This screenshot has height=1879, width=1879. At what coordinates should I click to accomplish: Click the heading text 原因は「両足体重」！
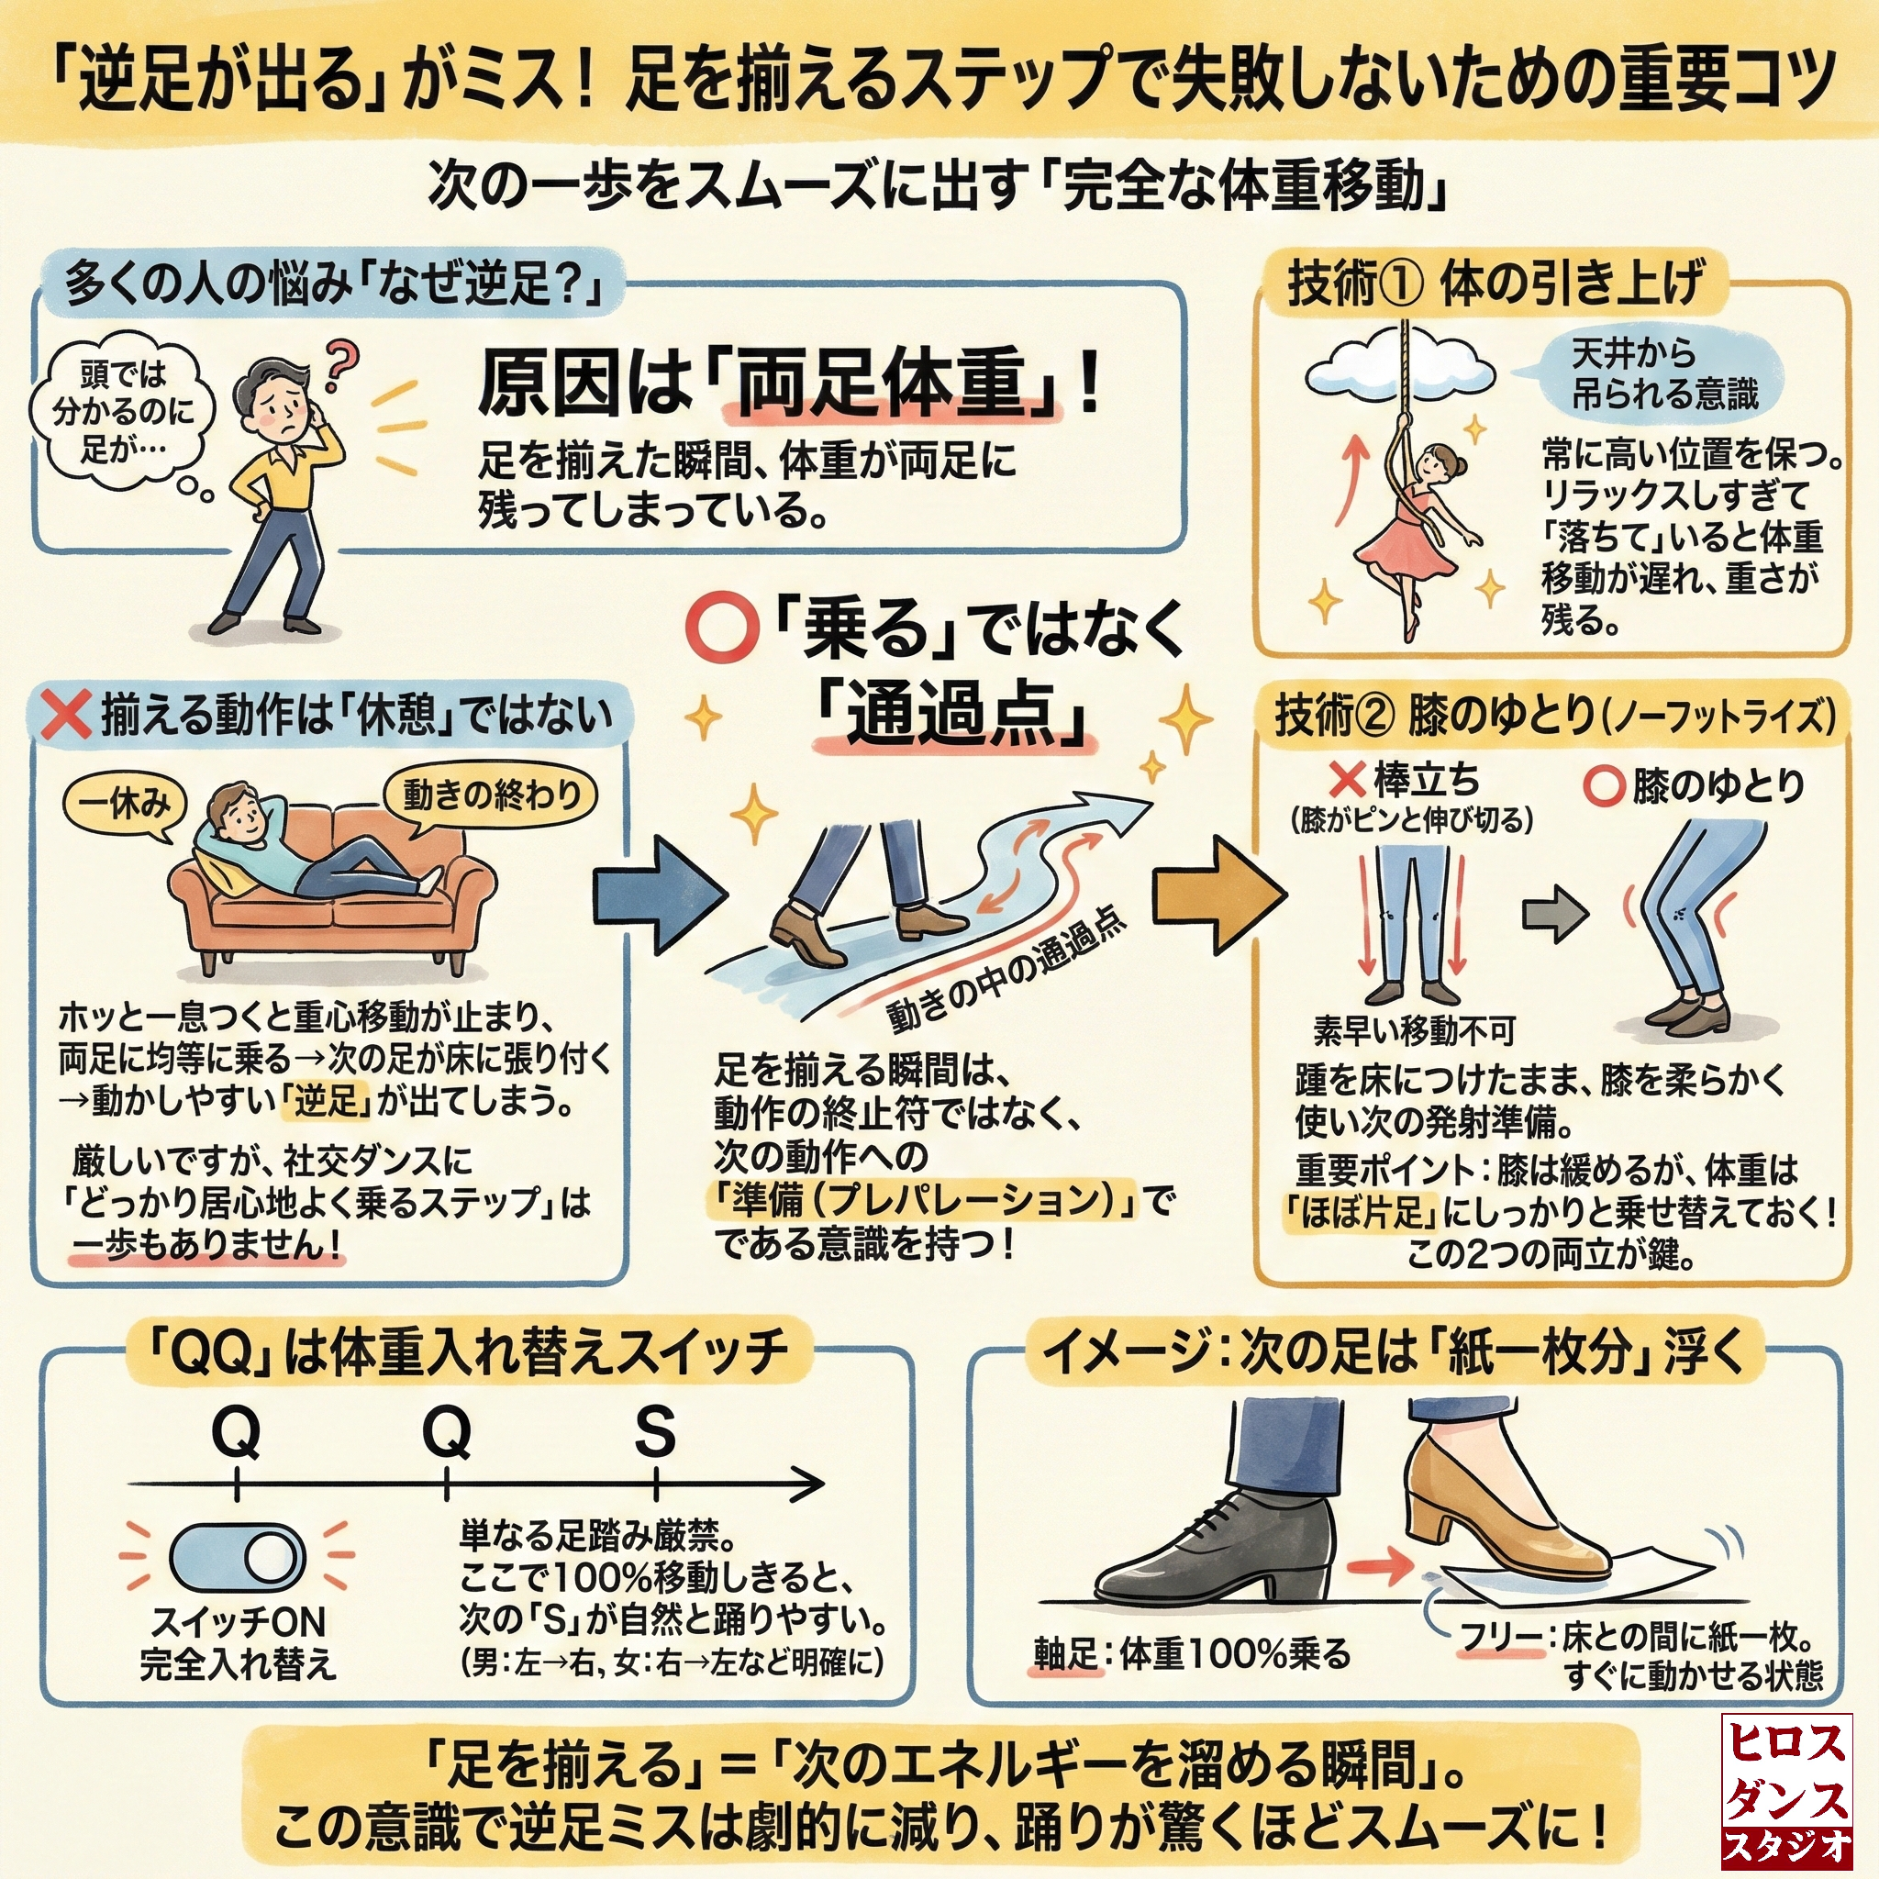tap(788, 384)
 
